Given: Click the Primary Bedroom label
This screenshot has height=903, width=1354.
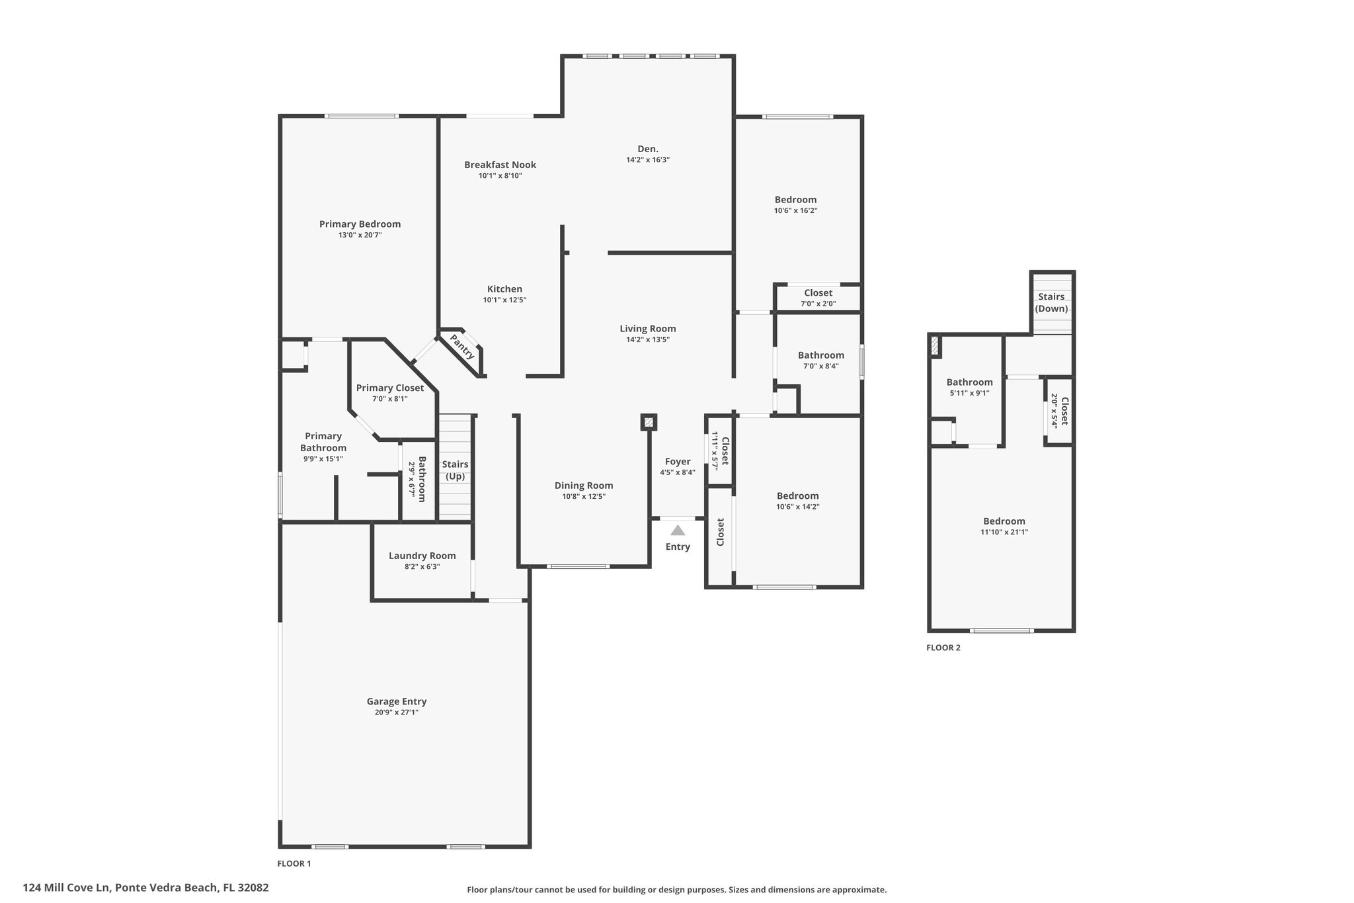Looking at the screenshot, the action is point(360,224).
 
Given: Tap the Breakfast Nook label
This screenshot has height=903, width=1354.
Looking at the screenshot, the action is point(500,165).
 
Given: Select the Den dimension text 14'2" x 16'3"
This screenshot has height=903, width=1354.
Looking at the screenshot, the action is point(648,160).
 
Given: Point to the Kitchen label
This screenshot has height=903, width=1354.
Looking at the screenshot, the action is point(504,289).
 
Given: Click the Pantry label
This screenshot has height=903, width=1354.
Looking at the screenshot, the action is point(462,347).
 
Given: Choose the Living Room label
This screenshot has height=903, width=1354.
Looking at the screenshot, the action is point(648,329).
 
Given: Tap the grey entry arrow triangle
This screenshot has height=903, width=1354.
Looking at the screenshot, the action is point(678,530).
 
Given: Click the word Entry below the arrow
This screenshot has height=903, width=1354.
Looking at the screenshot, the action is point(678,546).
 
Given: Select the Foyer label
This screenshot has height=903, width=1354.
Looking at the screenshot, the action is point(678,462).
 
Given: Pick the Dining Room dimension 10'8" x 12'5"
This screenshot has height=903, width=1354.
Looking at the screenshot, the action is point(584,496).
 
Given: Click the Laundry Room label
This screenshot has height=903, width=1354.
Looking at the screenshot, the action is point(422,556).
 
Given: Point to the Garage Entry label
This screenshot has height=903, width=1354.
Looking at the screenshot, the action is point(397,701).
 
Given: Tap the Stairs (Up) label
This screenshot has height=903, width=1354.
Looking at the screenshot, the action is point(456,470).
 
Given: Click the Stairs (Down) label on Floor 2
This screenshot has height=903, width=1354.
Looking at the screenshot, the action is point(1051,303).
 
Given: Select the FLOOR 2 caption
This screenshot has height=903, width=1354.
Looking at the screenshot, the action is point(943,648).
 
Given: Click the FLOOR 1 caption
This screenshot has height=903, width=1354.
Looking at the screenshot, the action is point(294,863).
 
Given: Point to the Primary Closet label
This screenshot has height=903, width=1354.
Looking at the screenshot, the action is point(390,388).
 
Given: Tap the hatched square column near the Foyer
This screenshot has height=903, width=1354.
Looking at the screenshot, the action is point(649,422).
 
